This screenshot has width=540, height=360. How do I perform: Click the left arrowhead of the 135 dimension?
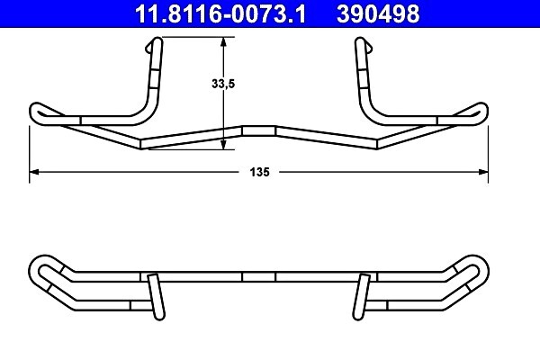click(35, 171)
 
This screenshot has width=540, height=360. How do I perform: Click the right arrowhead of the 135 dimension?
click(483, 171)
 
